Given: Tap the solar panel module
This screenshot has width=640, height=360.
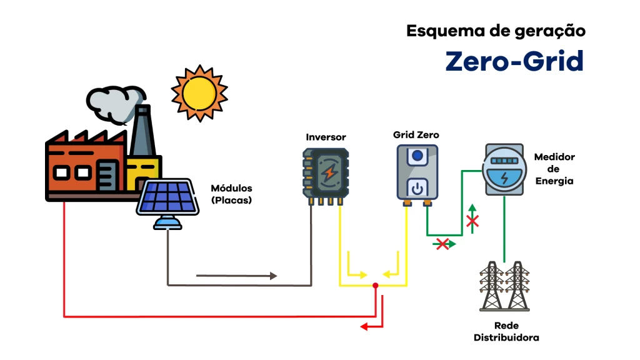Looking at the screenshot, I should [167, 197].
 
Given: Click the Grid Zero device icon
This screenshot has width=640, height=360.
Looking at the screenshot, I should [417, 172].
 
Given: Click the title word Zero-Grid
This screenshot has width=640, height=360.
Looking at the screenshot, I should [514, 61].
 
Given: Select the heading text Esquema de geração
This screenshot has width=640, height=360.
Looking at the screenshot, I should [496, 31].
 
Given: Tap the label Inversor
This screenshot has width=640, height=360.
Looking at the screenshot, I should [326, 137].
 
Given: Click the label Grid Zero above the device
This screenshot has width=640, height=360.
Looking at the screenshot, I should [416, 134].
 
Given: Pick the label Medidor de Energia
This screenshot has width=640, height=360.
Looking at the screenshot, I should [554, 169].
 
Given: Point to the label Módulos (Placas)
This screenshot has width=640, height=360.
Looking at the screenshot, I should [231, 194].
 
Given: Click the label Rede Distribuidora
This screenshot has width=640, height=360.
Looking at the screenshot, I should [506, 331].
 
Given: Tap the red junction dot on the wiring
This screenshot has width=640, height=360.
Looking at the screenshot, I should [375, 286].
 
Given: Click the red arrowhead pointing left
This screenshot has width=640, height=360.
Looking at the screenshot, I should [363, 326].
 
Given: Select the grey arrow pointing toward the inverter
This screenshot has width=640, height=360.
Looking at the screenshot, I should [272, 276].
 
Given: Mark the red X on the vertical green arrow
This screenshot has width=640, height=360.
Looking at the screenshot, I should [472, 221].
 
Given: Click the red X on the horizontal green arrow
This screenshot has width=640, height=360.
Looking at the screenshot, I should [442, 244].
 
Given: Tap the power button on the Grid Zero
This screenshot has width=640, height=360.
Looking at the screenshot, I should [417, 187].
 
